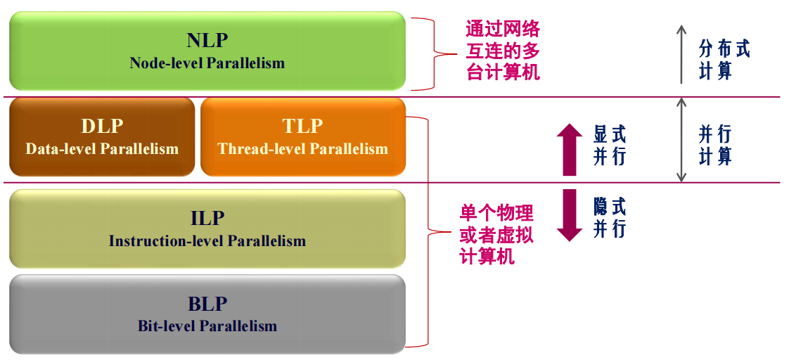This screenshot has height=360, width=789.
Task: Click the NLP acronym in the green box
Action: (207, 40)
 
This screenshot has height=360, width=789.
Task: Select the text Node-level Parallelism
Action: (207, 63)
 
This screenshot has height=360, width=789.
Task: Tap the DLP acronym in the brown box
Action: (102, 126)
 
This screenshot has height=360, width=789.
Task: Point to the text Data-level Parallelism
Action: (102, 149)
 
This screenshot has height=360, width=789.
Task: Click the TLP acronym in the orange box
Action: (302, 126)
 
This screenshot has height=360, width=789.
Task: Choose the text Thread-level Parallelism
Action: (302, 149)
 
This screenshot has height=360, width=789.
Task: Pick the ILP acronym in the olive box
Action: (207, 218)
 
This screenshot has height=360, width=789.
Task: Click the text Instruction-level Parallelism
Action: (207, 241)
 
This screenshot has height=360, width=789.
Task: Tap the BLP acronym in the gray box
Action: (207, 304)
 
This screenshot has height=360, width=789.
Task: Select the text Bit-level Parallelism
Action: (207, 326)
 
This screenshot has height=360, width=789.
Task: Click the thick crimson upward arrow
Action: (569, 149)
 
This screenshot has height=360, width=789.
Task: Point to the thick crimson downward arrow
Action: (569, 215)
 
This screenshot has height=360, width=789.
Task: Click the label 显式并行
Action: (610, 146)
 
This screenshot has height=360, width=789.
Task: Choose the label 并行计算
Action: (715, 146)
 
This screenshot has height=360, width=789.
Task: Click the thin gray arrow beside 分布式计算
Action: (681, 54)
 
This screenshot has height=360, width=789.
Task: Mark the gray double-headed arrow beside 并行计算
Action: (681, 140)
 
